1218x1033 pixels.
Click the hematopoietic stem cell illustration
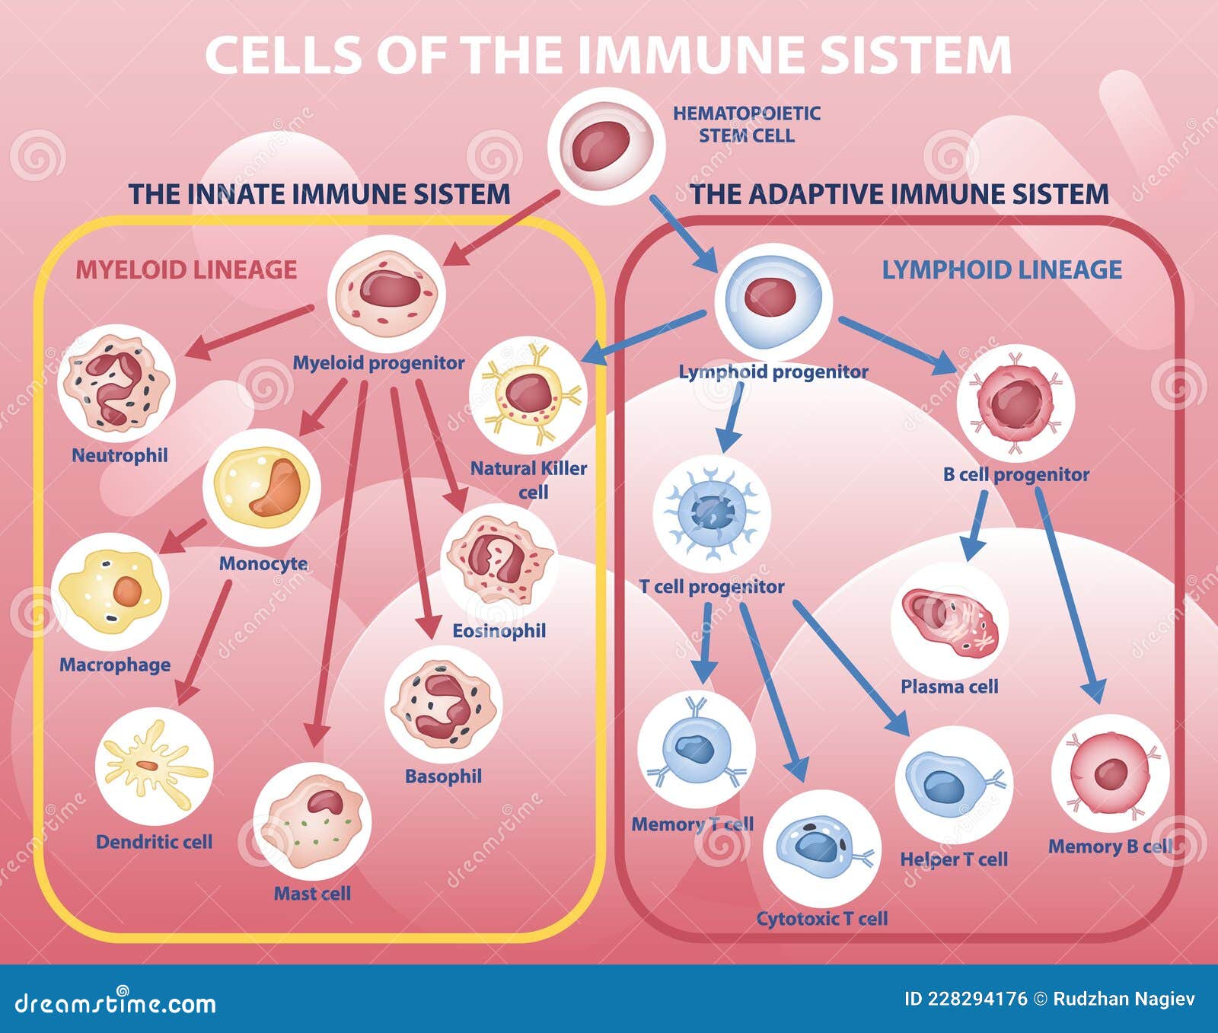tap(607, 146)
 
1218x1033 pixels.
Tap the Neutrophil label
tap(120, 455)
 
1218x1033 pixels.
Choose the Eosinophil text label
tap(499, 630)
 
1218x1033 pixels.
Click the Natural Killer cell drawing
tap(528, 394)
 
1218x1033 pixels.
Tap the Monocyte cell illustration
tap(262, 487)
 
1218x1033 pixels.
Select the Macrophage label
tap(115, 665)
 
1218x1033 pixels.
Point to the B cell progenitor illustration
tap(1015, 402)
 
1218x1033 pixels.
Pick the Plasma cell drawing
tap(949, 622)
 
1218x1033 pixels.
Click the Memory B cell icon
tap(1109, 773)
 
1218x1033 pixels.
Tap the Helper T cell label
tap(954, 859)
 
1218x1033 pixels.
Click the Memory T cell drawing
tap(695, 750)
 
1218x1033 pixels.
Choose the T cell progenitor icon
tap(712, 514)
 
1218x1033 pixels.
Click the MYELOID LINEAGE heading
tap(186, 269)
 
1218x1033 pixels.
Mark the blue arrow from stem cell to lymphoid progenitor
tap(683, 233)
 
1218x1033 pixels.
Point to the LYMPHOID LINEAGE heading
tap(1002, 269)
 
